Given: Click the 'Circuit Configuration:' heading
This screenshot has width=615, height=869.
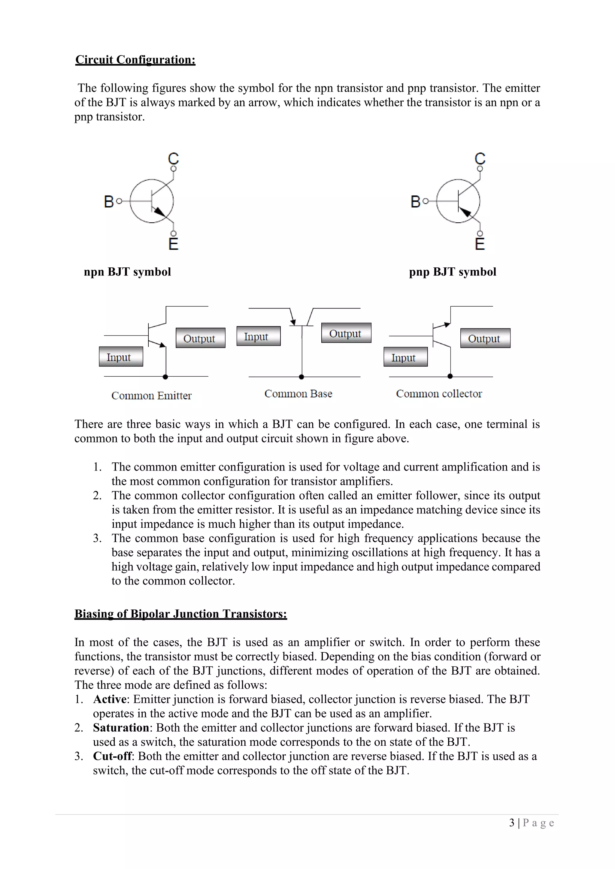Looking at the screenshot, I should point(135,60).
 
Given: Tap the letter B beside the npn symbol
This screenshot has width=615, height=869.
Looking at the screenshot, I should point(109,201).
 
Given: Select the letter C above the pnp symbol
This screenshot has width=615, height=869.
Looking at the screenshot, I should point(480,158).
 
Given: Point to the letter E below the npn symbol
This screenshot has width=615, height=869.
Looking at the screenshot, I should point(174,244).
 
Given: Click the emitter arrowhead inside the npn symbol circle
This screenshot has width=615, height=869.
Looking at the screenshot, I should point(161,212).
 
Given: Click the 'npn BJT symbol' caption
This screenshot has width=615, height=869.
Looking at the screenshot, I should point(127,272).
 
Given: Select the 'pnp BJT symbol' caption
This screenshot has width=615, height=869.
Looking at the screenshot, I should point(453,272).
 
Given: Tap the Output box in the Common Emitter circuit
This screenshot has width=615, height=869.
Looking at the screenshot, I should point(200,338).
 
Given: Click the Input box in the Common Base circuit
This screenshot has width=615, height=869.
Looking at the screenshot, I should point(258,336).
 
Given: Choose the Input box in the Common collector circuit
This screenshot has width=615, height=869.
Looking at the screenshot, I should point(405,357).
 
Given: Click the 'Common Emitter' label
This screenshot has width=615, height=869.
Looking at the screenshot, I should point(151,395).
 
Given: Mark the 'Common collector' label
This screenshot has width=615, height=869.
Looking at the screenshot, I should point(439,394).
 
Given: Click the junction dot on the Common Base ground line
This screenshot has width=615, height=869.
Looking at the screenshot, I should point(301,377).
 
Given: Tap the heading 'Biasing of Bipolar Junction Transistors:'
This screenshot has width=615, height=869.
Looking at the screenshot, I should point(181,614).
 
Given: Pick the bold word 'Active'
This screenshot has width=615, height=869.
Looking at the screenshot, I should point(110,699).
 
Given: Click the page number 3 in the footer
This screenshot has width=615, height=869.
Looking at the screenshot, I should point(512,823).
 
